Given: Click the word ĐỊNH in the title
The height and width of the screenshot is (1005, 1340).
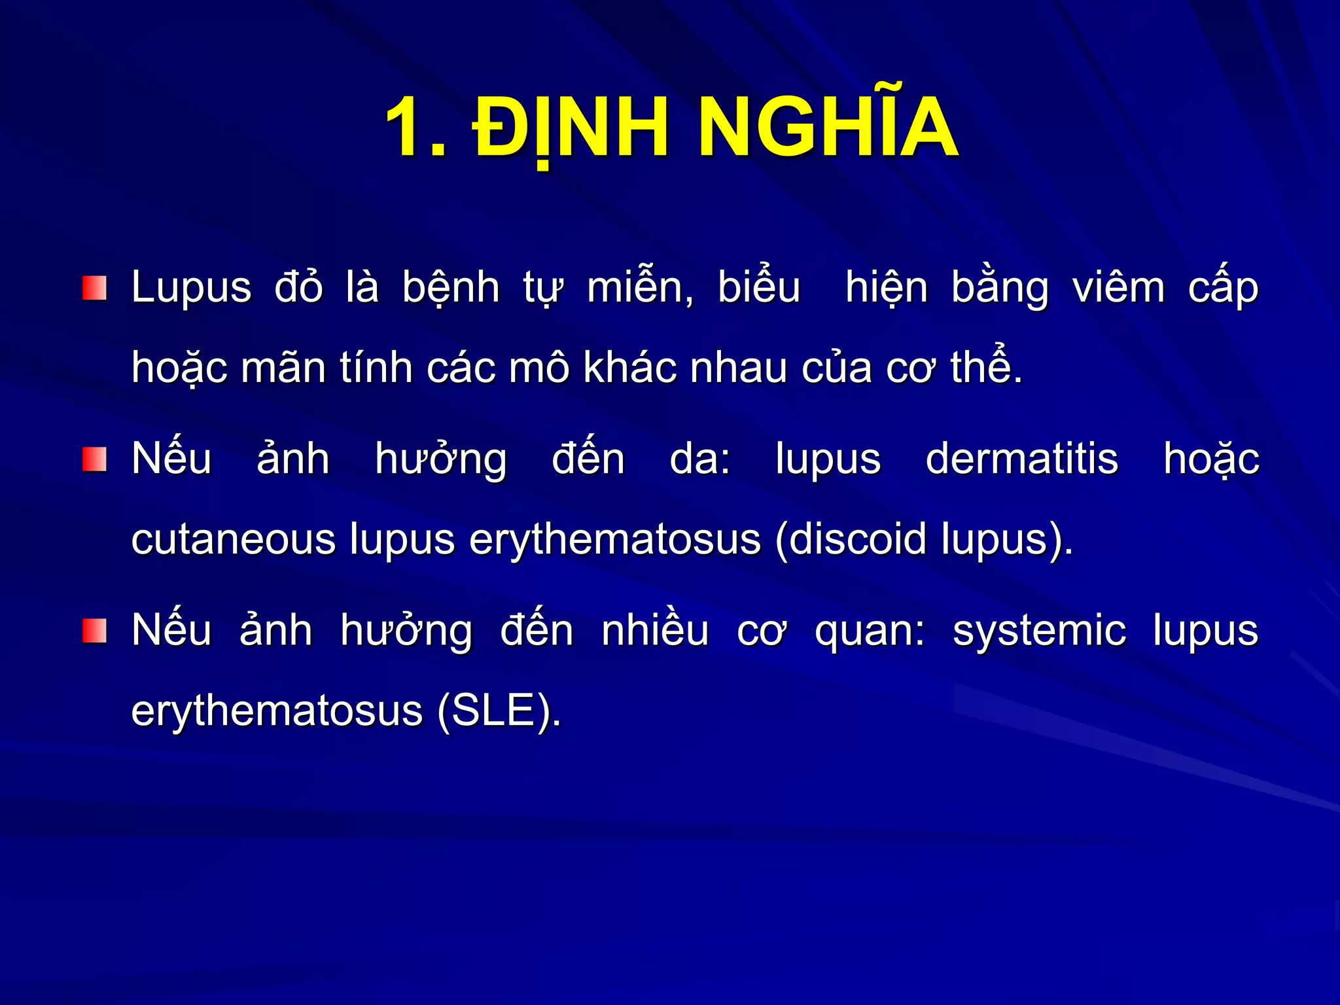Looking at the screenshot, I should [x=571, y=128].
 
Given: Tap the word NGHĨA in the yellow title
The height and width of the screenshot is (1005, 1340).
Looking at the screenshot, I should [x=828, y=128].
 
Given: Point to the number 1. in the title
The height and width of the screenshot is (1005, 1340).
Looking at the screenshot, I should [x=416, y=128].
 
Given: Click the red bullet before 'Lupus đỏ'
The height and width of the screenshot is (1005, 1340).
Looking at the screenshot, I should [x=94, y=289].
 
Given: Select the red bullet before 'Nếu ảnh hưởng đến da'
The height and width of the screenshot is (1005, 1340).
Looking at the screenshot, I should [x=94, y=459].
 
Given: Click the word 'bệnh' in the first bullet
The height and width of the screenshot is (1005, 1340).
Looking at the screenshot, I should [x=451, y=289].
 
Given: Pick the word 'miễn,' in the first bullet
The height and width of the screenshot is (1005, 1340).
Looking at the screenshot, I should [x=641, y=289].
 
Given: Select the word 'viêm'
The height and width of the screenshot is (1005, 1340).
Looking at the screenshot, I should [x=1119, y=289].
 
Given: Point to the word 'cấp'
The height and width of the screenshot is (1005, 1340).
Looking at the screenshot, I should [x=1223, y=289].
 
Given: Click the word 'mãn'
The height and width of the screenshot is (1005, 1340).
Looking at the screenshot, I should [x=283, y=368].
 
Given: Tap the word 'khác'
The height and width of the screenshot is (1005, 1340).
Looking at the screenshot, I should [x=629, y=368].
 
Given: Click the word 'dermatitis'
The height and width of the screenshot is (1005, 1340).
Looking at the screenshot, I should [x=1022, y=459].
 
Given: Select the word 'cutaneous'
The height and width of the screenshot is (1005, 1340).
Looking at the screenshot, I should [x=234, y=540].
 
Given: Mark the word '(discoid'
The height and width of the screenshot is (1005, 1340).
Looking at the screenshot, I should [x=851, y=540].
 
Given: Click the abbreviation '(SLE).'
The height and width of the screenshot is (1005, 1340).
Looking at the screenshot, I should [x=499, y=712].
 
